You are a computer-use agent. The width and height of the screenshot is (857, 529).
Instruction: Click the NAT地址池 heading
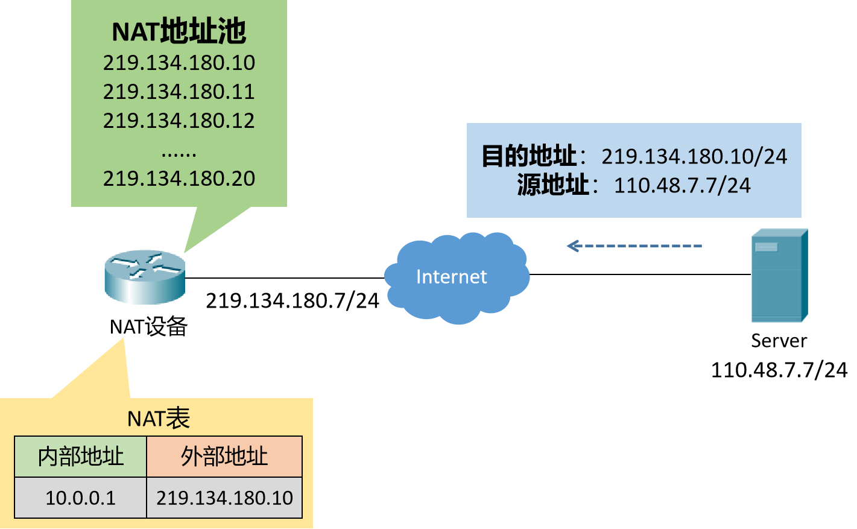(x=179, y=31)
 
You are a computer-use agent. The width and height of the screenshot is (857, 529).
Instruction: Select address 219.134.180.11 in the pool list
(x=179, y=92)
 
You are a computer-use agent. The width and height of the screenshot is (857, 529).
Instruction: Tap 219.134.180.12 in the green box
(x=179, y=121)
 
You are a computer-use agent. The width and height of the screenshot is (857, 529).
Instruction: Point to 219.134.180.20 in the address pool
(x=179, y=179)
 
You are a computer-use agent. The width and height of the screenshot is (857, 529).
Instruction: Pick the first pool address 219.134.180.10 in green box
(x=179, y=63)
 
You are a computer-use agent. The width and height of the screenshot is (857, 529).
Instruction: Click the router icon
(x=144, y=278)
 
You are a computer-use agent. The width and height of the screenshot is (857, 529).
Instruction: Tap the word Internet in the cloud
(x=451, y=277)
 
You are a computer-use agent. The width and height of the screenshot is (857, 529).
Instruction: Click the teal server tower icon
(x=779, y=276)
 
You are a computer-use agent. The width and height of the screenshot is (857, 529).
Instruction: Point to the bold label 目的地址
(x=529, y=156)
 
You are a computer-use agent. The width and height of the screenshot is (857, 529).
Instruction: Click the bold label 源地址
(x=552, y=185)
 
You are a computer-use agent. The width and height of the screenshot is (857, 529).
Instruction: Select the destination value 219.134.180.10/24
(x=694, y=157)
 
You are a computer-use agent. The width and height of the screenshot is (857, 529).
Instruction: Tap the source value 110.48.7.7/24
(x=682, y=185)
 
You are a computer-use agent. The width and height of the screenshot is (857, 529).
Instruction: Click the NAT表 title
(x=159, y=418)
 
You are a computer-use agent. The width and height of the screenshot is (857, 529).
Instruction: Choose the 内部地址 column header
(x=81, y=457)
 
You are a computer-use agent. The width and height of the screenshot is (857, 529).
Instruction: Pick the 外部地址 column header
(x=224, y=457)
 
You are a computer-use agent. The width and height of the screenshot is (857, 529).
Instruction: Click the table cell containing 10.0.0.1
(x=81, y=498)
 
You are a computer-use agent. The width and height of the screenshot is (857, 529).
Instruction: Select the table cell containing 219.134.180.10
(x=224, y=498)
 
